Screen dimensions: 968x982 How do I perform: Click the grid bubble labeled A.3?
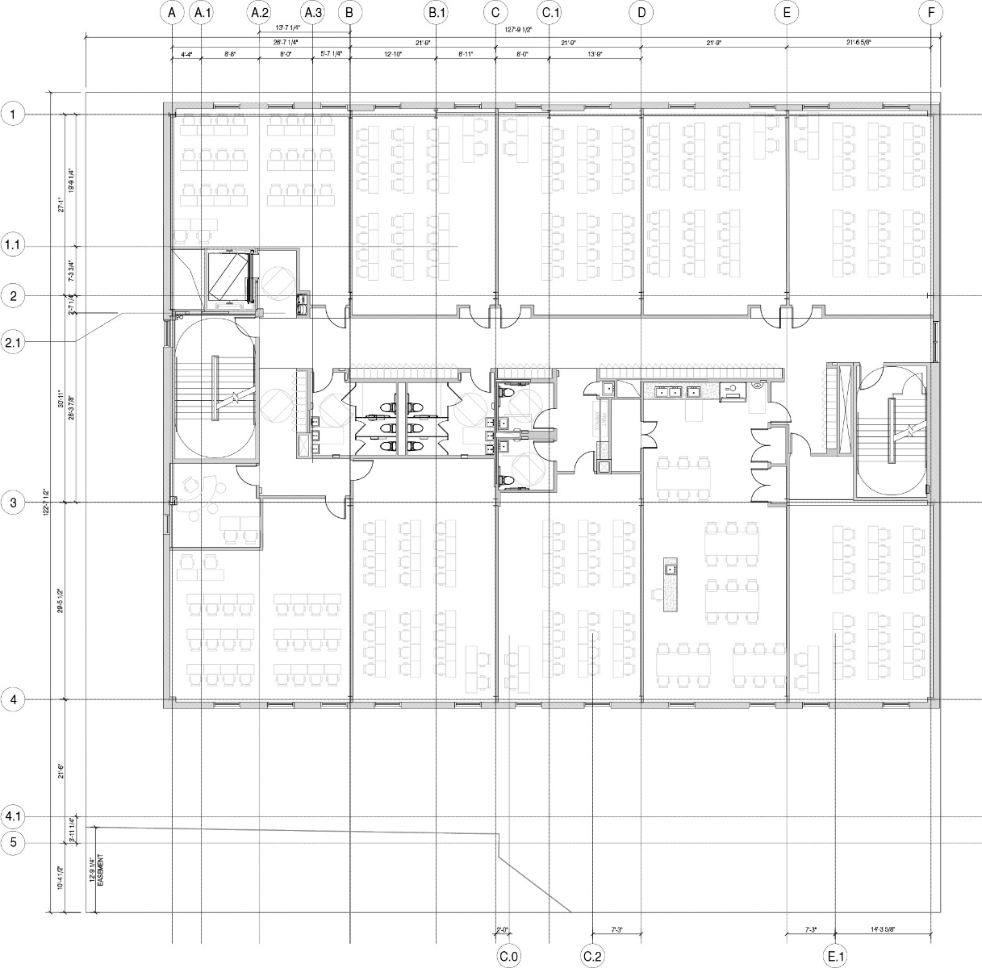click(x=312, y=13)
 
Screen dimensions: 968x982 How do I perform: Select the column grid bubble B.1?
click(x=437, y=13)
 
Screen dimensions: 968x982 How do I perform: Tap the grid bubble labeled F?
click(x=931, y=13)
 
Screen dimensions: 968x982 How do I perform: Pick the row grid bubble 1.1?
click(x=14, y=246)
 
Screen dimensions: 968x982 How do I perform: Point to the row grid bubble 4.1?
click(x=14, y=817)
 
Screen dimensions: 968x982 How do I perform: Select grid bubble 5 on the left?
click(x=14, y=843)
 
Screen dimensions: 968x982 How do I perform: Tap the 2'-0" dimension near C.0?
click(x=502, y=929)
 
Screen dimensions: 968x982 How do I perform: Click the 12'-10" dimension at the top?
click(x=392, y=54)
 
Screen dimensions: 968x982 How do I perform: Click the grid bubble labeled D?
click(x=641, y=13)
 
